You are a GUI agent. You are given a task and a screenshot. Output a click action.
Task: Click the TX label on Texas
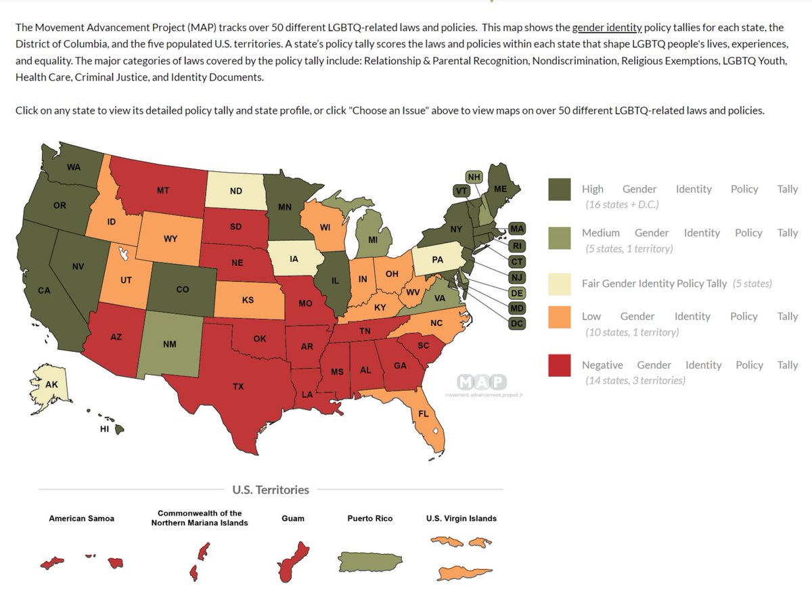[238, 386]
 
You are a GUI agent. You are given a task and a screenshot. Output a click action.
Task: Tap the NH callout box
[474, 177]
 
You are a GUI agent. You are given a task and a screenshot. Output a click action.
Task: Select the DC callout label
[517, 323]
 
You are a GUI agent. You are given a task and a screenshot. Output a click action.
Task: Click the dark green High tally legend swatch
[560, 189]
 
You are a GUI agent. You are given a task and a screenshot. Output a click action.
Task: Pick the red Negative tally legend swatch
[560, 365]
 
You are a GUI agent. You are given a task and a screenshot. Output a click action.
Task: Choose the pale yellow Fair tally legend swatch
[560, 284]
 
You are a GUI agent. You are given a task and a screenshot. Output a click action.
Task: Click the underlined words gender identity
[607, 27]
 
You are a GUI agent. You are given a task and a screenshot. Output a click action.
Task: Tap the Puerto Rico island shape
[370, 562]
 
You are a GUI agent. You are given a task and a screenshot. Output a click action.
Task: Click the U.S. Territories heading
[271, 489]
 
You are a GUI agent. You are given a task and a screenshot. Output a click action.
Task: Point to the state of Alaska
[51, 386]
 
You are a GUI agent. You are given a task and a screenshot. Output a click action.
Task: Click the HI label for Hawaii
[104, 429]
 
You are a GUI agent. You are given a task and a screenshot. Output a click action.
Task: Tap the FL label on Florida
[424, 413]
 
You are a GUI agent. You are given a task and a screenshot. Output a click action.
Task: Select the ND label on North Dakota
[236, 191]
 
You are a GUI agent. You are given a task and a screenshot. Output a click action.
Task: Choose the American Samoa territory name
[81, 518]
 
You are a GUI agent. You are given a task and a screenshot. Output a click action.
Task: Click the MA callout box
[517, 229]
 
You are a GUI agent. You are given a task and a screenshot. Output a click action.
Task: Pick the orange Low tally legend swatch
[560, 317]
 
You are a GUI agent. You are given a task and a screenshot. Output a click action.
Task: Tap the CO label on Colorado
[183, 289]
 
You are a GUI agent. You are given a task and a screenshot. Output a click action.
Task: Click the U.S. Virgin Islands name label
[461, 518]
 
